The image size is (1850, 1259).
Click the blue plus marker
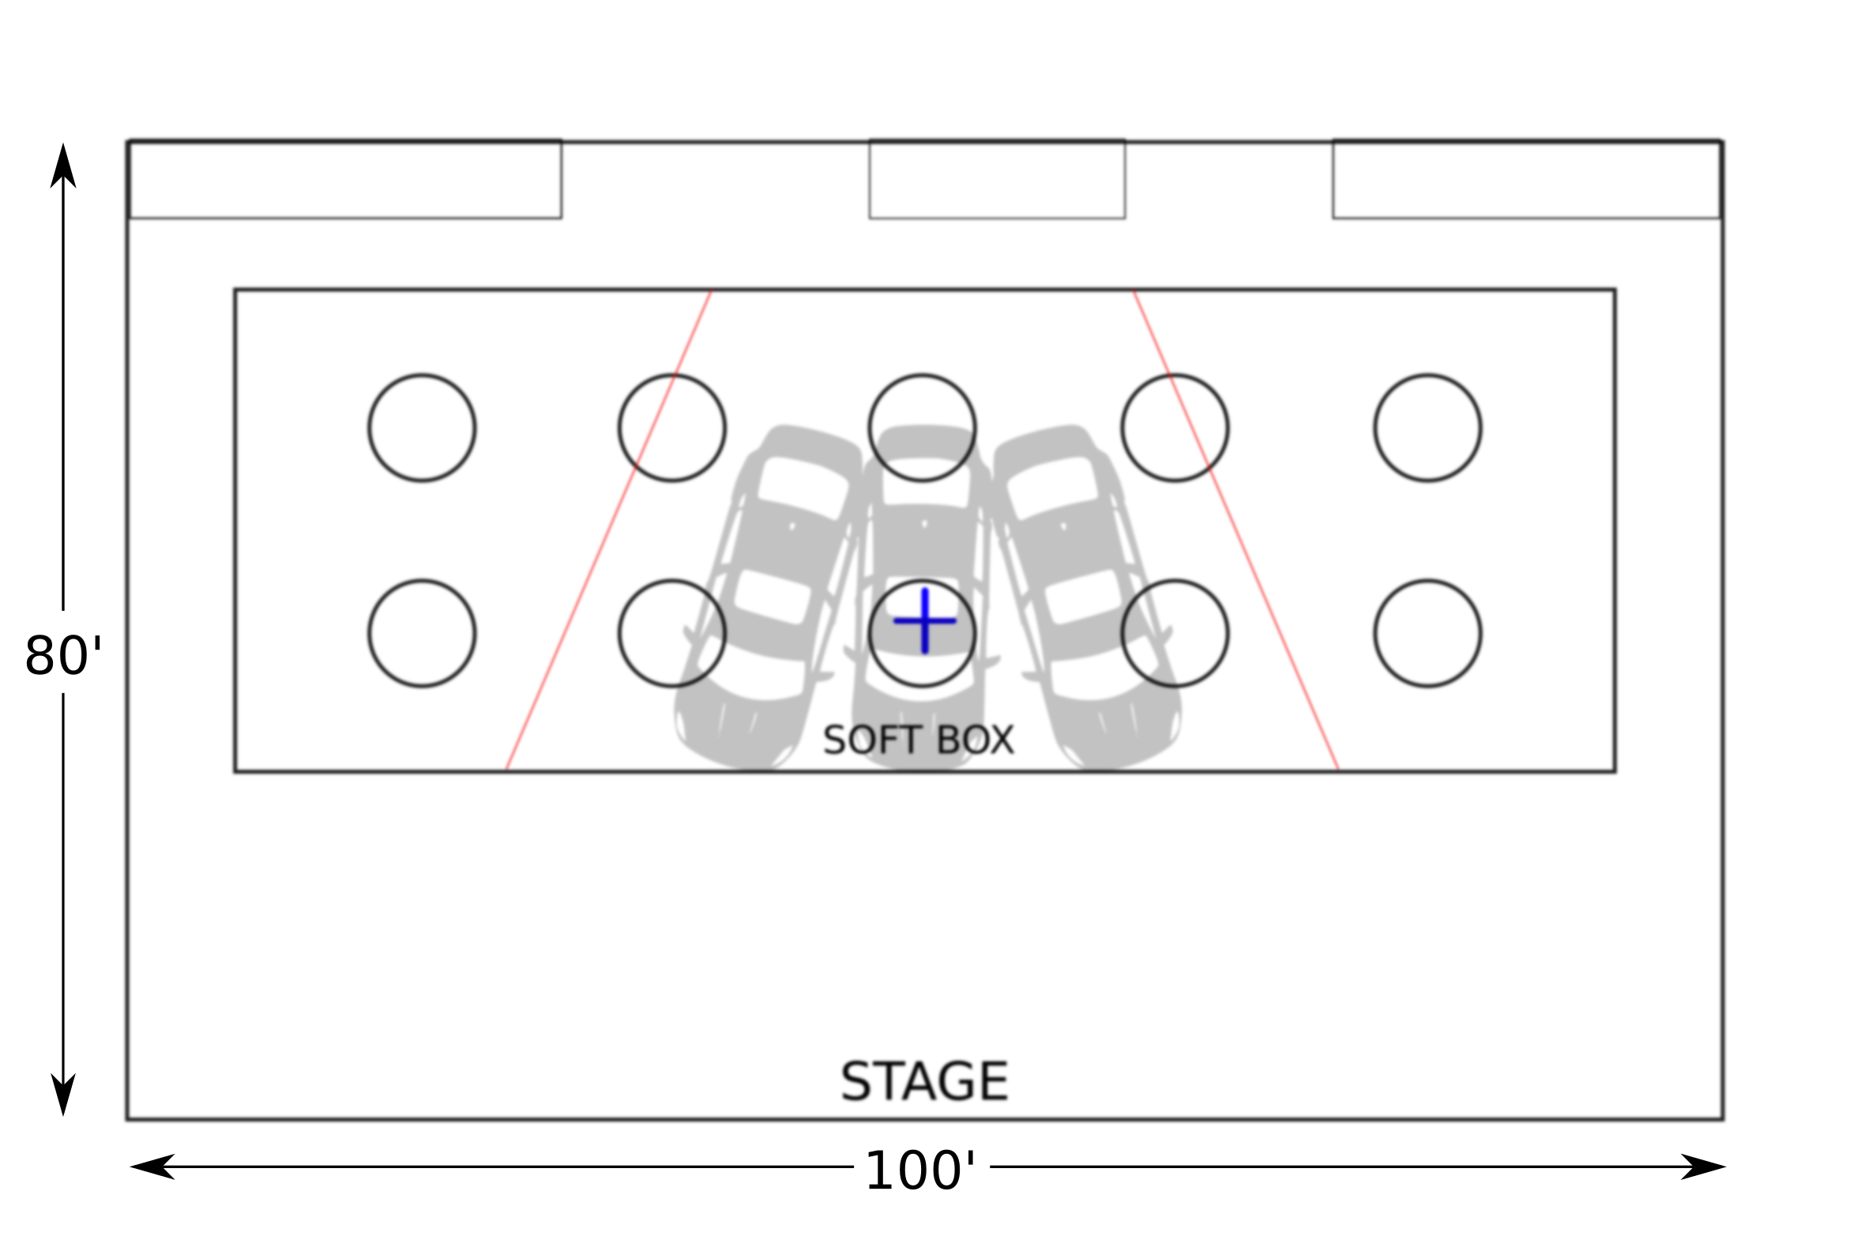point(924,620)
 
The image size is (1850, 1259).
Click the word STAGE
point(924,1081)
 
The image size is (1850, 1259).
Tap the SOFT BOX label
point(918,741)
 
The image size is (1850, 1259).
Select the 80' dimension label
point(63,656)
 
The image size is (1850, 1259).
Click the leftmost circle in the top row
point(422,428)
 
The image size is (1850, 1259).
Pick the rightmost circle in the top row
point(1427,428)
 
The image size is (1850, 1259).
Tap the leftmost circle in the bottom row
point(422,633)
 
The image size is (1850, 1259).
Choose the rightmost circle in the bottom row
point(1427,633)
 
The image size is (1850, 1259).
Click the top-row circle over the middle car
point(922,428)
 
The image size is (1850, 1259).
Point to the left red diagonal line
point(608,531)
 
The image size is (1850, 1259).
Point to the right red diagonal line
point(1236,531)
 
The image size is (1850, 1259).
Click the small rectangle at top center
point(997,179)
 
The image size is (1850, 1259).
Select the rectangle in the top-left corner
point(344,179)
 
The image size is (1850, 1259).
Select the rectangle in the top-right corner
point(1527,179)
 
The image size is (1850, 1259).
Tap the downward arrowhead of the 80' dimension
point(63,1095)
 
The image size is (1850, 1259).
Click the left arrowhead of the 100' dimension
point(151,1167)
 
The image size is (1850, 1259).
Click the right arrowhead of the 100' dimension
point(1704,1167)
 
